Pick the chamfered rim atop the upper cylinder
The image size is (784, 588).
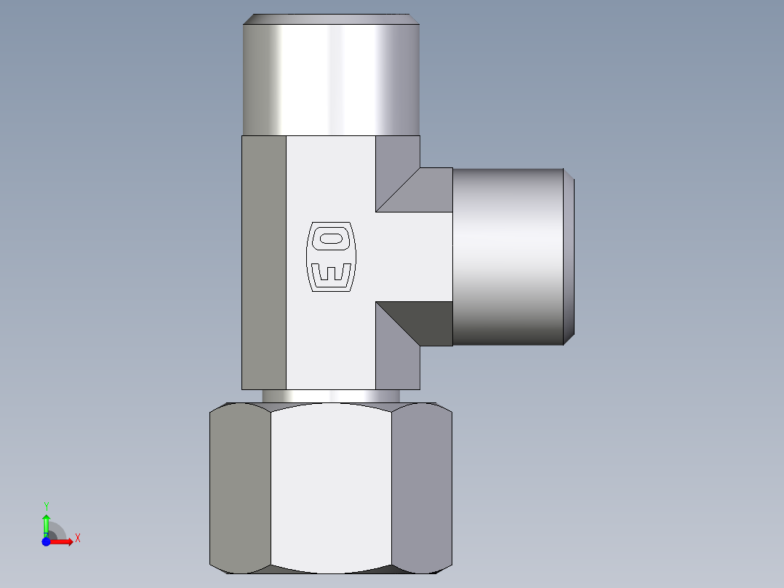(332, 19)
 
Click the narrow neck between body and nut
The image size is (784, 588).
(331, 396)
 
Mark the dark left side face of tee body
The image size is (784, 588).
(263, 262)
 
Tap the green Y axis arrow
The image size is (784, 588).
(46, 522)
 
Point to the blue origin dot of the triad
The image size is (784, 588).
(46, 541)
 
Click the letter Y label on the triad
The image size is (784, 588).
(46, 506)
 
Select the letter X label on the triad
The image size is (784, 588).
(77, 539)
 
